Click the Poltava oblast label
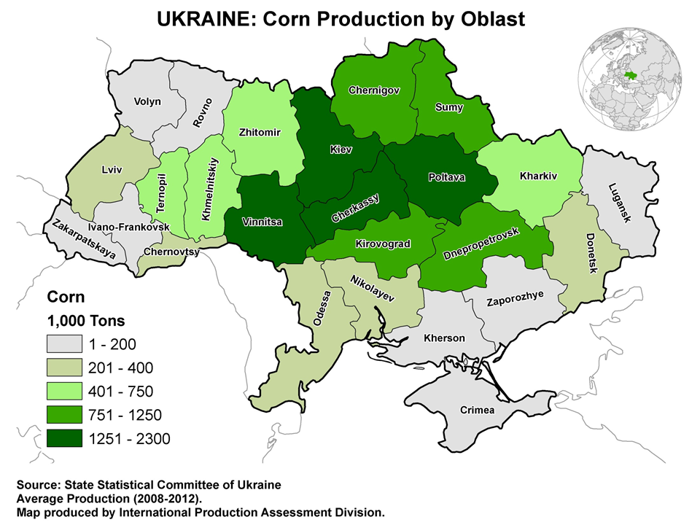446,177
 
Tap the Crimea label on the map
478,411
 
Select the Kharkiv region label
539,176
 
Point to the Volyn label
148,102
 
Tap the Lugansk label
621,202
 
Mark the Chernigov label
374,90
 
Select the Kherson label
444,338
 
